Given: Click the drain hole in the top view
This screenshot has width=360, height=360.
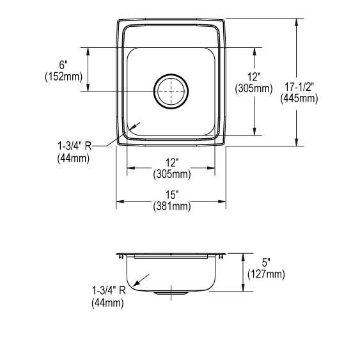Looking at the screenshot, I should (170, 91).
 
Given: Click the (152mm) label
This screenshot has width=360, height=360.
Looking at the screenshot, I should (63, 76).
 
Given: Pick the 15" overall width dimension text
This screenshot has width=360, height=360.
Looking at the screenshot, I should (171, 194).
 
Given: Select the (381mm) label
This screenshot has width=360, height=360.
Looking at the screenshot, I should (171, 206).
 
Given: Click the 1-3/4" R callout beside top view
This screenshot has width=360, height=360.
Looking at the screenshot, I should (74, 146).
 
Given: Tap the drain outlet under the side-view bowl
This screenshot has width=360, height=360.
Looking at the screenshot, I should (170, 293).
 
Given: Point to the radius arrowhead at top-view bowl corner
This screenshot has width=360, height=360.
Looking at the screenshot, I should (130, 129).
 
